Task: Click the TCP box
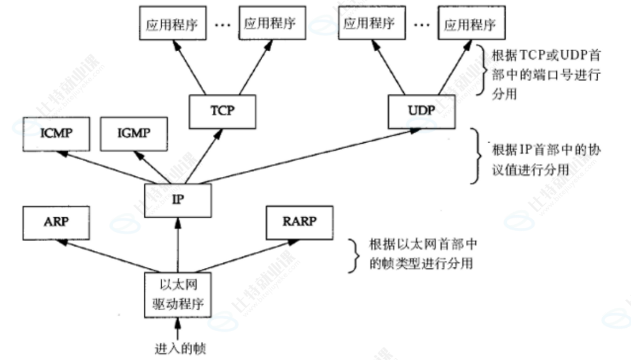[223, 110]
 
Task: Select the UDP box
[422, 110]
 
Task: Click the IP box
[178, 200]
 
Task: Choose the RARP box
[299, 223]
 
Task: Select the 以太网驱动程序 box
[178, 294]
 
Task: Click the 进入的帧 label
[178, 348]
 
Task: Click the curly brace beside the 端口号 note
[481, 72]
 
